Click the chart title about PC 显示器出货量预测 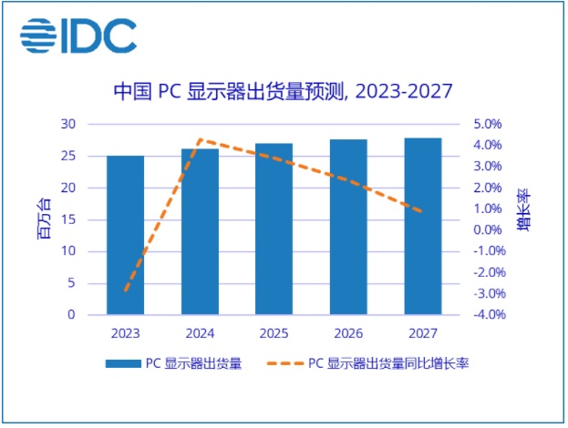point(283,92)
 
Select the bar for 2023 point(126,235)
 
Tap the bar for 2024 point(200,231)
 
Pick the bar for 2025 point(274,229)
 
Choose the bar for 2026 point(348,227)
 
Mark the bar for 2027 point(422,226)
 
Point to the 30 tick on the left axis point(68,124)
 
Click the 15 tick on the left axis point(68,219)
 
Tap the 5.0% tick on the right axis point(484,124)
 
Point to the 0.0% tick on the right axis point(484,230)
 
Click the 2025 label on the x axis point(274,332)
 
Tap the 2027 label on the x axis point(422,332)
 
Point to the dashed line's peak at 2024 point(200,140)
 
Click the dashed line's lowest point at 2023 point(126,291)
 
